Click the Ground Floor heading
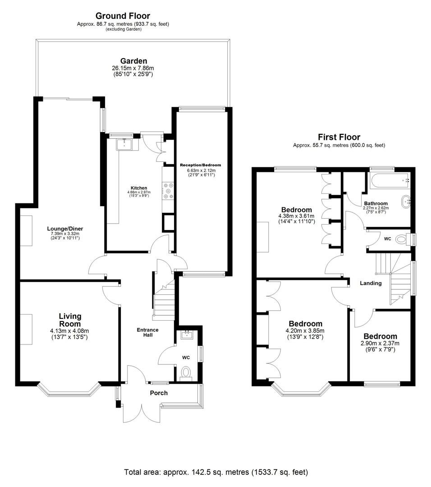click(123, 16)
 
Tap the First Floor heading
click(339, 137)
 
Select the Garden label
click(133, 61)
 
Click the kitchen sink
click(124, 144)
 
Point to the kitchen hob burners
click(169, 190)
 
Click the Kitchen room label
click(138, 188)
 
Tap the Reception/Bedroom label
click(201, 165)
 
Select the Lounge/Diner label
click(65, 229)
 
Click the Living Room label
click(70, 320)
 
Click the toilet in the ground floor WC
click(185, 372)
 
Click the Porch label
click(159, 393)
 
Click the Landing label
click(371, 283)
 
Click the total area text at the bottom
click(216, 473)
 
